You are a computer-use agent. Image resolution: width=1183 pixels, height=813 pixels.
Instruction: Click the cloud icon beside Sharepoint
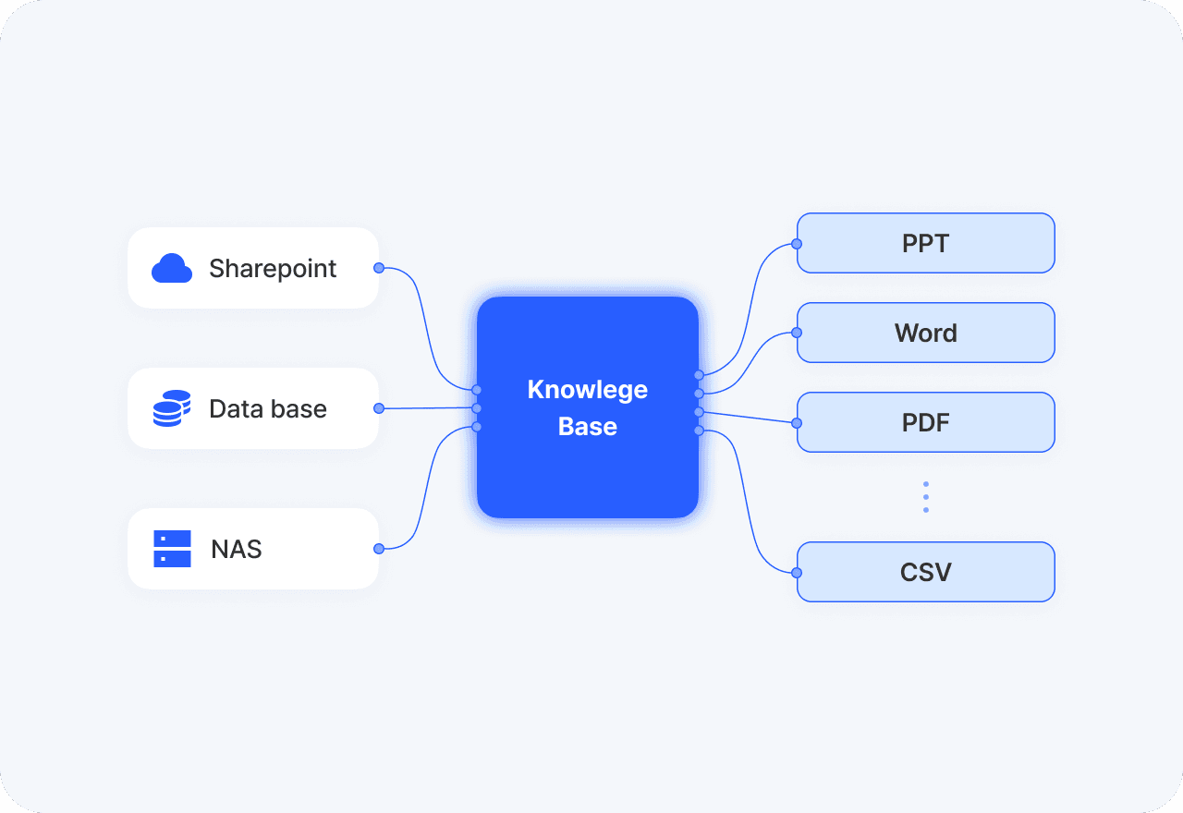point(172,268)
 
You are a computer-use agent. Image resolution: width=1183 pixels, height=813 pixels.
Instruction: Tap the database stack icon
point(172,408)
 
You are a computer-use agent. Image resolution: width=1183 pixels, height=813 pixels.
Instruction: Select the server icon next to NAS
point(172,549)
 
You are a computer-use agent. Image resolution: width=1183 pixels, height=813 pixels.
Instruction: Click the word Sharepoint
point(273,268)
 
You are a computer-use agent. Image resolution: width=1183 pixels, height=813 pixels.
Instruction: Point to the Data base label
point(268,408)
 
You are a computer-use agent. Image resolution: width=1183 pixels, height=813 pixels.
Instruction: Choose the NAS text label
point(237,549)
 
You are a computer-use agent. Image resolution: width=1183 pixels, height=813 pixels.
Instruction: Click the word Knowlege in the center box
point(588,389)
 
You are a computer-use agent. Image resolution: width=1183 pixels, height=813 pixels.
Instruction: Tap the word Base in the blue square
point(588,427)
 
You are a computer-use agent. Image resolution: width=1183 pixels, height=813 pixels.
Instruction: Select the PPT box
point(926,243)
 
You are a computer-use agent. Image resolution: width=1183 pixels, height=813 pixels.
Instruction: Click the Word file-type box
point(926,333)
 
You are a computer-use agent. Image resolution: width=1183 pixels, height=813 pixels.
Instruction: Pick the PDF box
point(926,422)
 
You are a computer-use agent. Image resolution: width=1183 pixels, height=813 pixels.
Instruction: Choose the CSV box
point(926,572)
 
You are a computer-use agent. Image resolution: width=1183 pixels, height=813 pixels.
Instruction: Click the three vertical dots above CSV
point(926,497)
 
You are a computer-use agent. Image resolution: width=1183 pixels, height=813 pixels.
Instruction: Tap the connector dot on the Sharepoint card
point(379,268)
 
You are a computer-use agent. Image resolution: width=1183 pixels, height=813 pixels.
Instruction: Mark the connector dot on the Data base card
point(379,408)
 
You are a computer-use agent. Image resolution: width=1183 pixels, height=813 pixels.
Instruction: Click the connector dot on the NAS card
point(379,549)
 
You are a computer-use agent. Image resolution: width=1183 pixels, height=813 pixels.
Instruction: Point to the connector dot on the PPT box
point(797,244)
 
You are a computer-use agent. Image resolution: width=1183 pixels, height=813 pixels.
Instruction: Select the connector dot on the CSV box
point(797,573)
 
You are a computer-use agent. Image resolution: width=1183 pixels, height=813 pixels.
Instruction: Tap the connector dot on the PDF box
point(797,423)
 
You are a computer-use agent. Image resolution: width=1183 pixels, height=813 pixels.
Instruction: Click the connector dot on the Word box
point(797,333)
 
